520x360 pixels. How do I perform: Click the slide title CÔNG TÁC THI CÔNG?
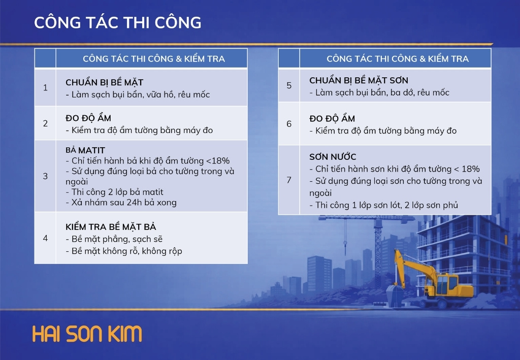coord(118,22)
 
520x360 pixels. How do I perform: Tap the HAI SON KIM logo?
coord(87,334)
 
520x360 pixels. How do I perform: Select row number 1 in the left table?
coord(45,88)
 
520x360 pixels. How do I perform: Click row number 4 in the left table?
coord(45,238)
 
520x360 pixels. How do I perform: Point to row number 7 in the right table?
coord(289,180)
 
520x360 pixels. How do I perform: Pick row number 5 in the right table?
coord(289,85)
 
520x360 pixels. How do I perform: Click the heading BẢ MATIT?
coord(85,150)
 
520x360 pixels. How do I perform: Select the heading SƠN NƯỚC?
coord(333,156)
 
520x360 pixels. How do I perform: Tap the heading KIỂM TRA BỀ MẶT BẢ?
coord(111,227)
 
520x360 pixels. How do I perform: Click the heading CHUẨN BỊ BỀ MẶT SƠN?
coord(359,80)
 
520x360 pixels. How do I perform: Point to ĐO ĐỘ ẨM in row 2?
coord(88,118)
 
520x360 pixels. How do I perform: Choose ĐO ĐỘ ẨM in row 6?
coord(332,118)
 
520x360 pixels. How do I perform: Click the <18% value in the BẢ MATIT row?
coord(218,161)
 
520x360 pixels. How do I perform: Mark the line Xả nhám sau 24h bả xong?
coord(121,203)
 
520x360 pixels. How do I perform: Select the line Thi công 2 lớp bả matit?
coord(114,192)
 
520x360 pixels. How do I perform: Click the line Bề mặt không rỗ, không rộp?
coord(124,251)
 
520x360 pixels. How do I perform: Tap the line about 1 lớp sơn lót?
coord(384,205)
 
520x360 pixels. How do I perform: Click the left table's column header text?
coord(154,59)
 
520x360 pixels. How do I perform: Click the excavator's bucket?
coord(395,294)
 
